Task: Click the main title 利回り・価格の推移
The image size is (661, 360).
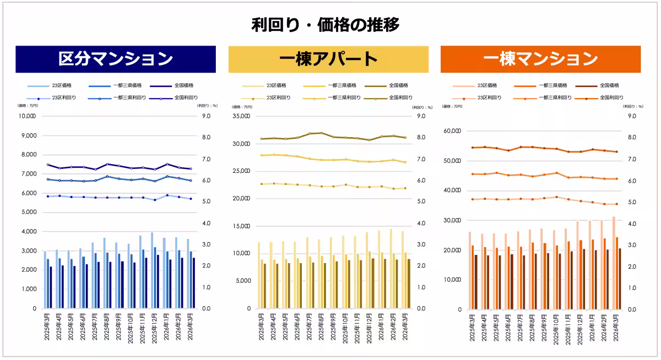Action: click(x=325, y=25)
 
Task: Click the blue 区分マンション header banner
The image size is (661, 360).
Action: click(x=116, y=59)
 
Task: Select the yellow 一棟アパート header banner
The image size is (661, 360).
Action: click(x=328, y=59)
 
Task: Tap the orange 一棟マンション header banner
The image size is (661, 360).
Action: click(x=540, y=59)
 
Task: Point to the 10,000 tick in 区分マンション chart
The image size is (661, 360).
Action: click(x=27, y=116)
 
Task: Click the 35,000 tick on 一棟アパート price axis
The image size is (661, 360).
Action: click(x=241, y=116)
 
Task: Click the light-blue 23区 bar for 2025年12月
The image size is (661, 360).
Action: click(x=151, y=270)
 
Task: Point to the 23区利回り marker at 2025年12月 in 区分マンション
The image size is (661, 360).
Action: click(x=155, y=200)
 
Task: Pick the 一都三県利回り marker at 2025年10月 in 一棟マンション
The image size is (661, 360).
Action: click(x=557, y=173)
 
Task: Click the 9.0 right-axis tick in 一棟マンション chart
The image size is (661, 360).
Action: click(x=632, y=116)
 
